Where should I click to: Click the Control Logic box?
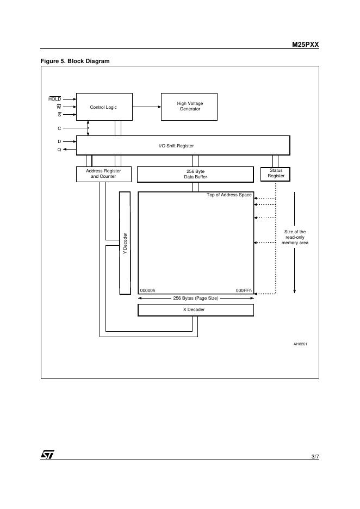[x=103, y=107]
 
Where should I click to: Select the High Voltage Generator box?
[x=189, y=106]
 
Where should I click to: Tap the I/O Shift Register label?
[x=176, y=146]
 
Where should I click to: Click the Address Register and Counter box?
[x=103, y=174]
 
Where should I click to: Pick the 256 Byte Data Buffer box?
[x=195, y=174]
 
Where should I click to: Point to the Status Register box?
[x=276, y=173]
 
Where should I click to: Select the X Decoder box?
[x=195, y=310]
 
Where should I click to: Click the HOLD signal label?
[x=55, y=99]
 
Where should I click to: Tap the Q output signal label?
[x=59, y=150]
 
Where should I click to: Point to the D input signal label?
[x=59, y=141]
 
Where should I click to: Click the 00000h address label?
[x=148, y=290]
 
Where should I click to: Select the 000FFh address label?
[x=244, y=290]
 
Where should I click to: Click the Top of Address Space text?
[x=229, y=195]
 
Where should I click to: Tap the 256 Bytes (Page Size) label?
[x=195, y=299]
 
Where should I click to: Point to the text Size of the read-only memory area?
[x=295, y=237]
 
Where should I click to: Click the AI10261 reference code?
[x=300, y=344]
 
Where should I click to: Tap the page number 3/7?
[x=315, y=457]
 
